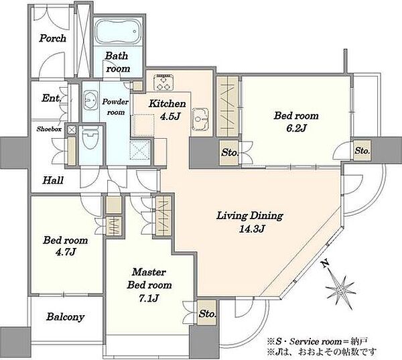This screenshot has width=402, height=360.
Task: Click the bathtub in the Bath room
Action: pos(118,32)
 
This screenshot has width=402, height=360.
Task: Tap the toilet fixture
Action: pos(90,137)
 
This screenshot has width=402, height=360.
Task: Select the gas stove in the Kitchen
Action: pos(163,82)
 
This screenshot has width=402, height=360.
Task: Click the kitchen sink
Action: pos(200,118)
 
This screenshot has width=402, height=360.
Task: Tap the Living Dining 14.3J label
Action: pos(250,222)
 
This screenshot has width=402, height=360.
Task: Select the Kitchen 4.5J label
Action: pos(167,110)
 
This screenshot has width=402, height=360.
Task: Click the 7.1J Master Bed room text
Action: pos(149,285)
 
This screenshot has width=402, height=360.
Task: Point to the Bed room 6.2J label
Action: pos(296,121)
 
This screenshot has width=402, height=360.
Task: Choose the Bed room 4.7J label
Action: pos(66,246)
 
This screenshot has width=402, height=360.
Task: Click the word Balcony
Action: pos(66,317)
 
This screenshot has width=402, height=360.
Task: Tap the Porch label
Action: pos(52,38)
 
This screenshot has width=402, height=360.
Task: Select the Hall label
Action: pos(53,180)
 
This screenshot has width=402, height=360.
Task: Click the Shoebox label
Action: pos(49,129)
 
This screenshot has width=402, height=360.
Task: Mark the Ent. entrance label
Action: pos(52,98)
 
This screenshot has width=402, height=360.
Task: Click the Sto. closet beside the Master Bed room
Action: pos(207,313)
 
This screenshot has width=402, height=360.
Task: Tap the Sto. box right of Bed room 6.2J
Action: pos(362,151)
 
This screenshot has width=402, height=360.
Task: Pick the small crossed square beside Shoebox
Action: pos(72,130)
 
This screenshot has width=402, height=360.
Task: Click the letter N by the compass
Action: pos(326,263)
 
